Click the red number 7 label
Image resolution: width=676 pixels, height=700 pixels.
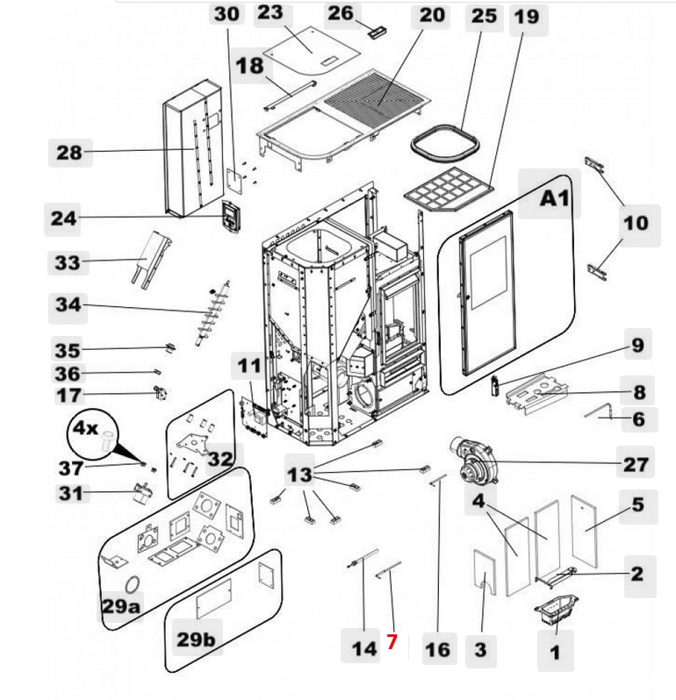pos(392,642)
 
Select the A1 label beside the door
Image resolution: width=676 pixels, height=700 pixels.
pos(554,198)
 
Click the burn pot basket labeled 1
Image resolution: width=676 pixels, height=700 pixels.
pos(555,609)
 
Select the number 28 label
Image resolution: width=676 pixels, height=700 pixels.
pos(68,153)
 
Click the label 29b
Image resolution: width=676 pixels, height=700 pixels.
pos(195,639)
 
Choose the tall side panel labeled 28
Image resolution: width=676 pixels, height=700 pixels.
pos(193,149)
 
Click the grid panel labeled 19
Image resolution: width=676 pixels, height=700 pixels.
pos(448,188)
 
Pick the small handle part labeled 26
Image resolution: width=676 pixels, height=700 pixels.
pos(378,32)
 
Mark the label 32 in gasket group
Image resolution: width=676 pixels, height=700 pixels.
pos(219,458)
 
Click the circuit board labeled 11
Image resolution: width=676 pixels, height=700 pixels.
pos(255,412)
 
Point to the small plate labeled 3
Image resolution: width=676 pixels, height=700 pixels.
pos(482,573)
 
